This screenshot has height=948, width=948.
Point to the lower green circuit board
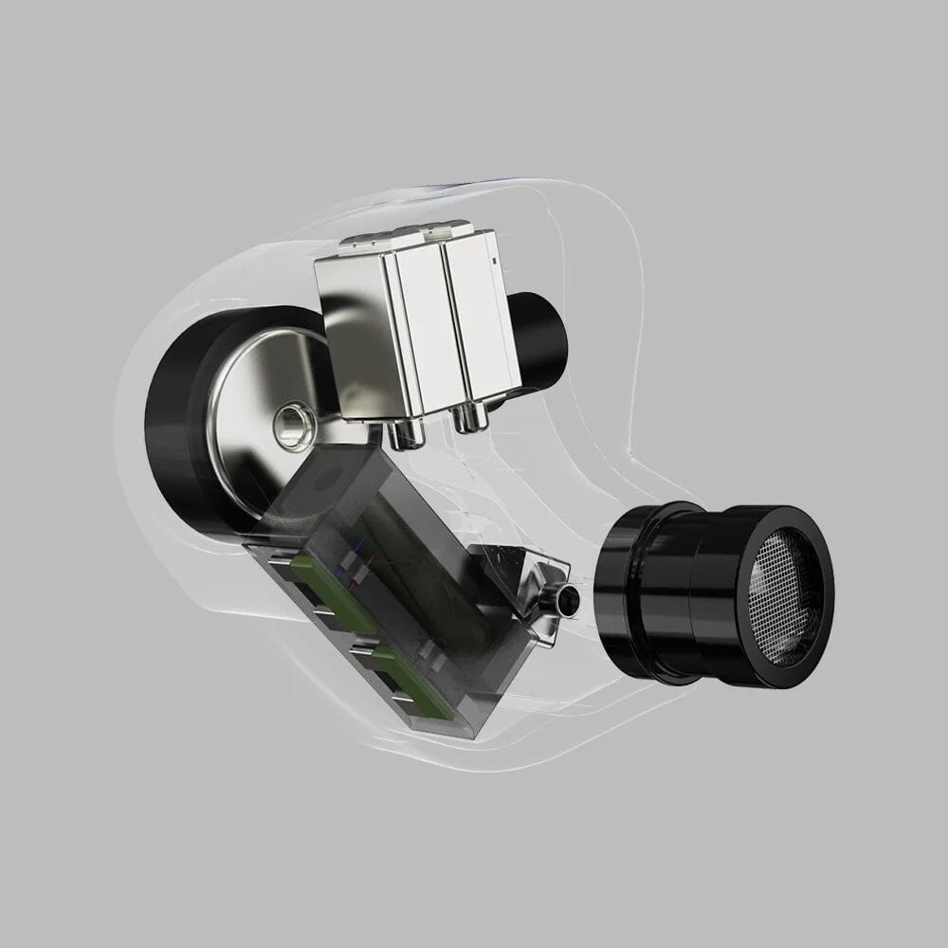pyautogui.click(x=408, y=677)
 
